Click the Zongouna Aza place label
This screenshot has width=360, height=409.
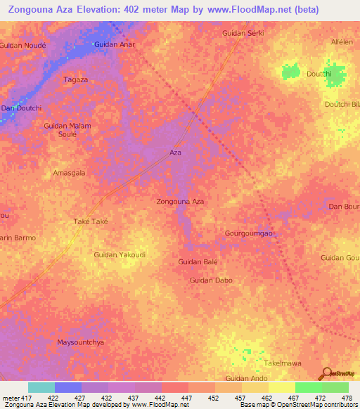click(x=180, y=202)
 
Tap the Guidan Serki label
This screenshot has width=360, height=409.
click(x=243, y=33)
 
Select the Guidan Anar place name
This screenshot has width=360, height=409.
click(x=115, y=44)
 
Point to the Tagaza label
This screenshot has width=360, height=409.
click(x=76, y=80)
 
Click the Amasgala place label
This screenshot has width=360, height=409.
click(x=70, y=172)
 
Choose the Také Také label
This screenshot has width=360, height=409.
click(x=90, y=221)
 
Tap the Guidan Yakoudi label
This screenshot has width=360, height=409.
click(x=120, y=254)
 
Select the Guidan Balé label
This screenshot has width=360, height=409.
click(x=198, y=261)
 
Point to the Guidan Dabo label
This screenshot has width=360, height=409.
click(x=211, y=280)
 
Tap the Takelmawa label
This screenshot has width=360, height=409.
click(x=283, y=363)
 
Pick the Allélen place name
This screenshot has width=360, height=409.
click(x=342, y=42)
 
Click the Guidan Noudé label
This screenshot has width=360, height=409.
click(x=23, y=44)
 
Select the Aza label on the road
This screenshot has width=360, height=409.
click(x=176, y=152)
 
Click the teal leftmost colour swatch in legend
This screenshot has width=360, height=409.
click(x=41, y=387)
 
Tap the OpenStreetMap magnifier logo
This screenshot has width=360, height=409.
click(x=326, y=373)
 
